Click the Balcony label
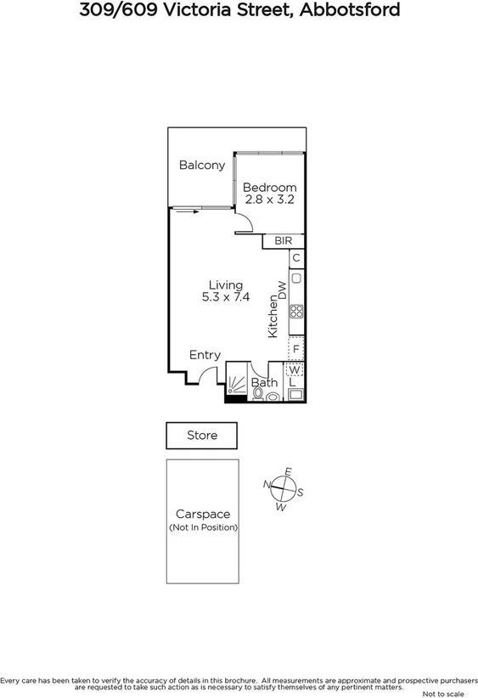[x=202, y=165]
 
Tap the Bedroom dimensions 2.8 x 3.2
[x=269, y=200]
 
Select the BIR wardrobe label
[x=283, y=241]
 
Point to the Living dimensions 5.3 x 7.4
[x=226, y=297]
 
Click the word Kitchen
[x=273, y=317]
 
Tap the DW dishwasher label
[x=282, y=290]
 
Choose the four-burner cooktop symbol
[x=296, y=311]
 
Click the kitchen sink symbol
[x=296, y=278]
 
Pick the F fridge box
[x=296, y=348]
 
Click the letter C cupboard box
[x=296, y=258]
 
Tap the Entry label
[x=205, y=355]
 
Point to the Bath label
[x=264, y=383]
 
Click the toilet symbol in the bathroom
[x=258, y=396]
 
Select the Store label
[x=202, y=436]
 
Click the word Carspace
[x=203, y=514]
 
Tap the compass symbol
[x=284, y=489]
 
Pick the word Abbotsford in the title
[x=351, y=11]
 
